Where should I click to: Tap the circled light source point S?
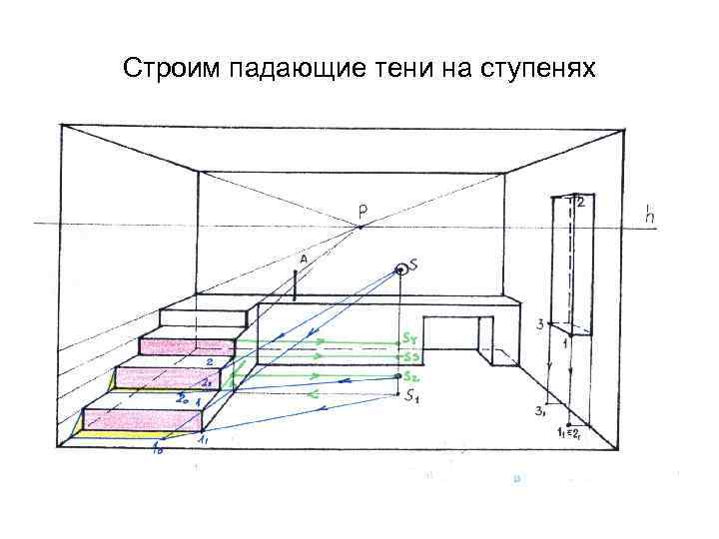pos(401,268)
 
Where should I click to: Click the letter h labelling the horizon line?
pos(650,214)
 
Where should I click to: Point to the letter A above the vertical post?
pos(302,259)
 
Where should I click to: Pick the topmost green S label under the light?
pos(410,338)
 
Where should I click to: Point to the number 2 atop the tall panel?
pos(580,202)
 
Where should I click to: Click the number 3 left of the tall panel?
pos(539,324)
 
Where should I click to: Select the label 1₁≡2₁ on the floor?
pos(570,433)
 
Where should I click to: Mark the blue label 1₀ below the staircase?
pos(157,450)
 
